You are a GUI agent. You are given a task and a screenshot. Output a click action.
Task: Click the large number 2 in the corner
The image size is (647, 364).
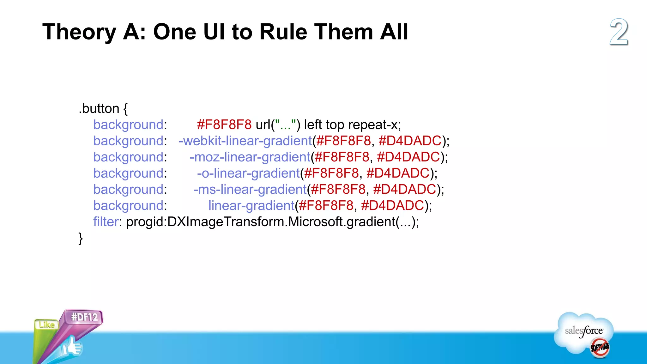pyautogui.click(x=619, y=32)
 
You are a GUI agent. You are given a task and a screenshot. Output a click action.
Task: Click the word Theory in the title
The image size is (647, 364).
pyautogui.click(x=79, y=32)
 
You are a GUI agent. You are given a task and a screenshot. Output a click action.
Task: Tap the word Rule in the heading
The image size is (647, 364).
pyautogui.click(x=283, y=32)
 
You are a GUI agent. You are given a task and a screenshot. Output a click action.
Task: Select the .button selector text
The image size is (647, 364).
pyautogui.click(x=99, y=109)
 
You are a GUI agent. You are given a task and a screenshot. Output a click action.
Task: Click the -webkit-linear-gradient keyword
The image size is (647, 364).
pyautogui.click(x=245, y=141)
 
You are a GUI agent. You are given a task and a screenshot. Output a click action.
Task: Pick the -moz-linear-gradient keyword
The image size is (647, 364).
pyautogui.click(x=250, y=157)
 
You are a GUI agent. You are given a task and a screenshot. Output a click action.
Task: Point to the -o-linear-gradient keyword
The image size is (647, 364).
pyautogui.click(x=248, y=173)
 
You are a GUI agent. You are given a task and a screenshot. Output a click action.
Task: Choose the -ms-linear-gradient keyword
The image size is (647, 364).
pyautogui.click(x=250, y=189)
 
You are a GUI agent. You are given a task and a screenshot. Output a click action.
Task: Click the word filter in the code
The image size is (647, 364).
pyautogui.click(x=106, y=222)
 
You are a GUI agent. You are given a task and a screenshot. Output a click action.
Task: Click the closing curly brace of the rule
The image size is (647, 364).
pyautogui.click(x=81, y=238)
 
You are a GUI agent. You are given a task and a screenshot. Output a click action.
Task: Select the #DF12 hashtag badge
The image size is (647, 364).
pyautogui.click(x=84, y=317)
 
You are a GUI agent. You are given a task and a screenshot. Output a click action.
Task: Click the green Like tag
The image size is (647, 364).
pyautogui.click(x=47, y=325)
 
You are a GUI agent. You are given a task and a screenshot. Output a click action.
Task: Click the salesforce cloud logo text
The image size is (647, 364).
pyautogui.click(x=584, y=331)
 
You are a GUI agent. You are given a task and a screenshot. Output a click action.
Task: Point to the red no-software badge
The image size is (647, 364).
pyautogui.click(x=600, y=348)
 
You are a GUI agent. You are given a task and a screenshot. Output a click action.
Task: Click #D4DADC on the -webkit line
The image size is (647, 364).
pyautogui.click(x=410, y=141)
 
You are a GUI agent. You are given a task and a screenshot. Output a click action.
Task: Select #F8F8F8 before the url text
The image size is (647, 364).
pyautogui.click(x=224, y=125)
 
